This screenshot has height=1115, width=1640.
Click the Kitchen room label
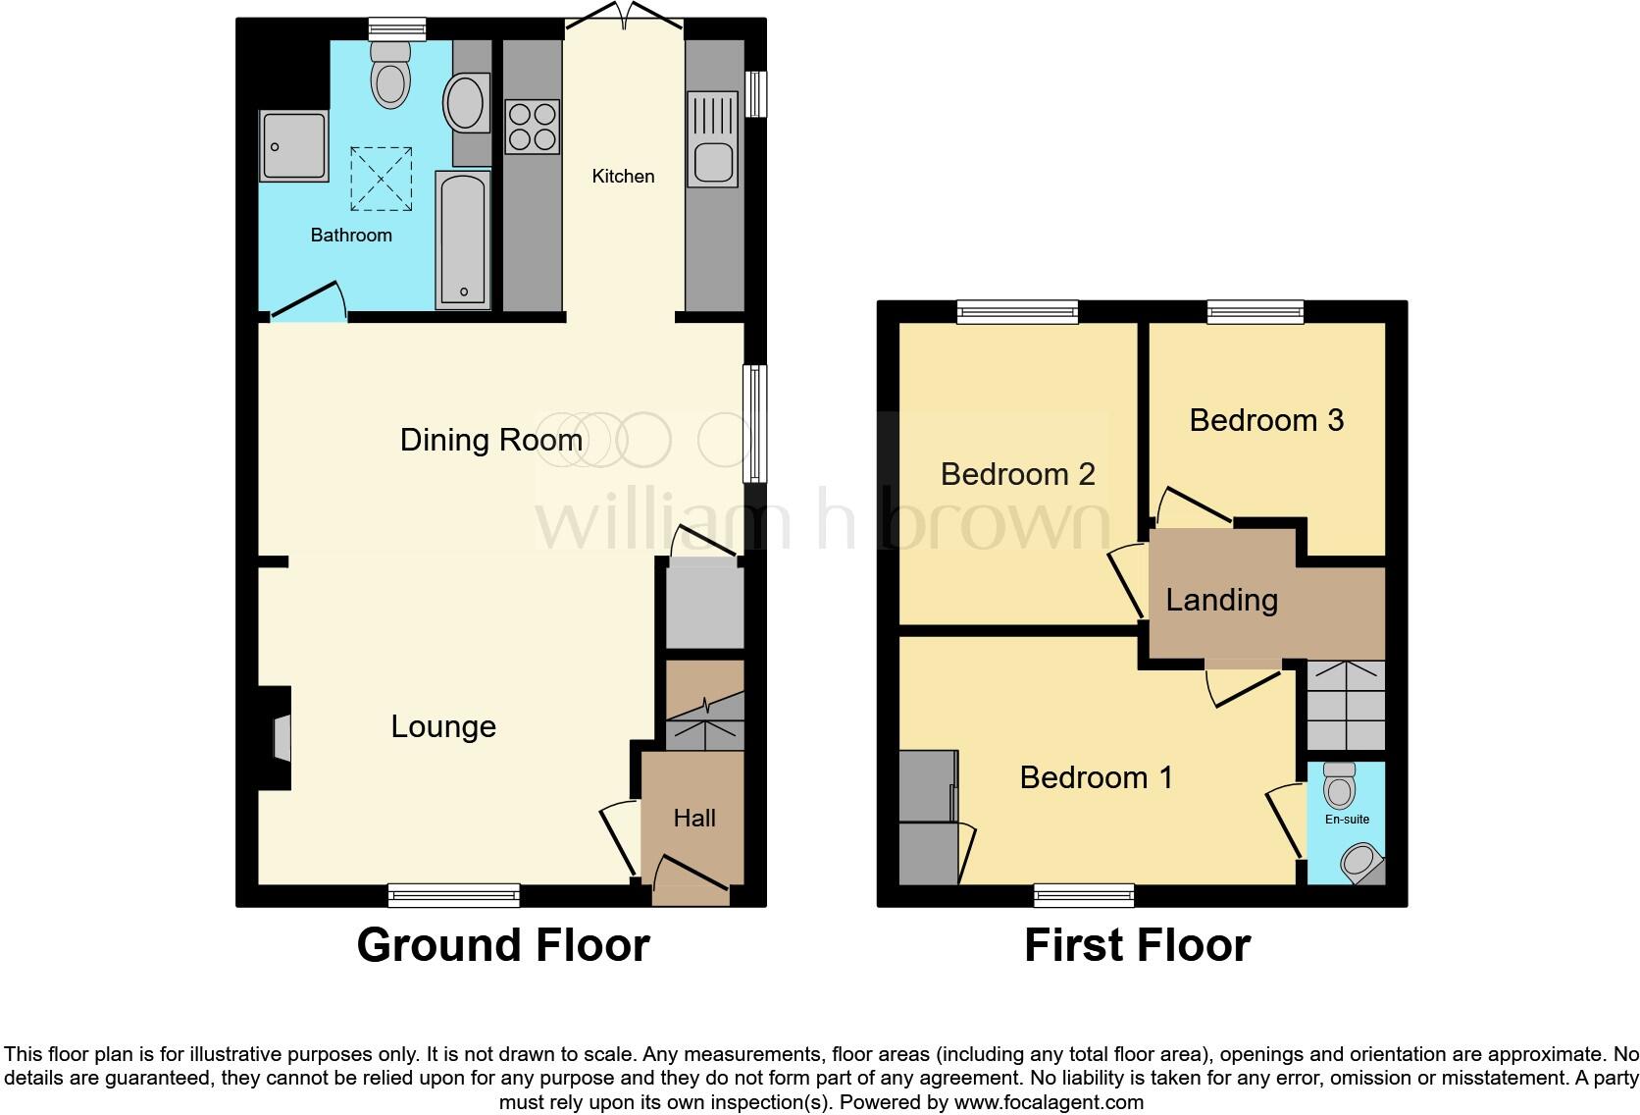click(623, 177)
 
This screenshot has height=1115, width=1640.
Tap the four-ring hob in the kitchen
click(532, 127)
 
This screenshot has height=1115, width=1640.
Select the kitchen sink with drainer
click(712, 138)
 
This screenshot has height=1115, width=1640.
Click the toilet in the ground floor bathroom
click(390, 77)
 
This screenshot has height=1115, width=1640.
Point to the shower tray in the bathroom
click(293, 146)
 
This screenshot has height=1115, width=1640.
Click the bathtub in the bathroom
click(462, 239)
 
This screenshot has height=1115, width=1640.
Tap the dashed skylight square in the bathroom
click(381, 179)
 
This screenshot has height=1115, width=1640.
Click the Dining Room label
click(490, 440)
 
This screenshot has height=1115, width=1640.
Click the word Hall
click(693, 819)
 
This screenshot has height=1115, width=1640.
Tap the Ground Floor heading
click(502, 945)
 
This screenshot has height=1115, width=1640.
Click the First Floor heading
click(1137, 946)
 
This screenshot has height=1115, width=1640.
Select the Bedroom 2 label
click(1017, 474)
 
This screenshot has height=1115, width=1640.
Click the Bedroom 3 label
click(1265, 420)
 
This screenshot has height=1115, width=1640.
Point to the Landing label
click(1221, 600)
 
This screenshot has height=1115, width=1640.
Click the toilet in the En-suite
click(1339, 784)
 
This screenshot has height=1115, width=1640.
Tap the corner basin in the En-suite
click(1361, 863)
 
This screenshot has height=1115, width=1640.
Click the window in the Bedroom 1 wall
click(1084, 894)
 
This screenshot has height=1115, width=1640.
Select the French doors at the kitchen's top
click(623, 18)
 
